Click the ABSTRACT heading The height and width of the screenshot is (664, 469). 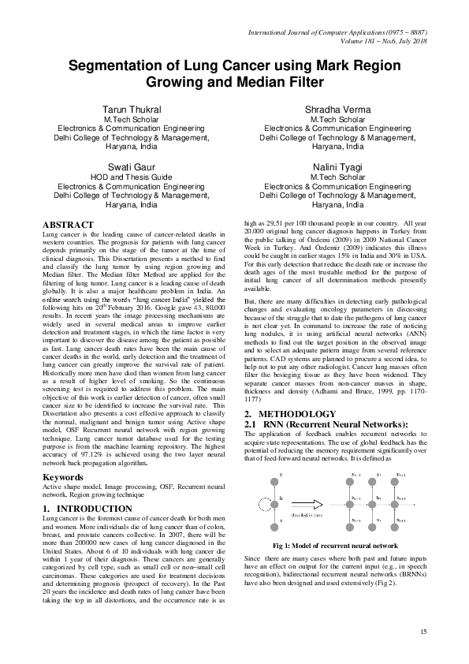tap(68, 225)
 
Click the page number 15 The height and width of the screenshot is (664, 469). tap(423, 632)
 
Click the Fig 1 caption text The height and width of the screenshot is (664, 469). tap(336, 546)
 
